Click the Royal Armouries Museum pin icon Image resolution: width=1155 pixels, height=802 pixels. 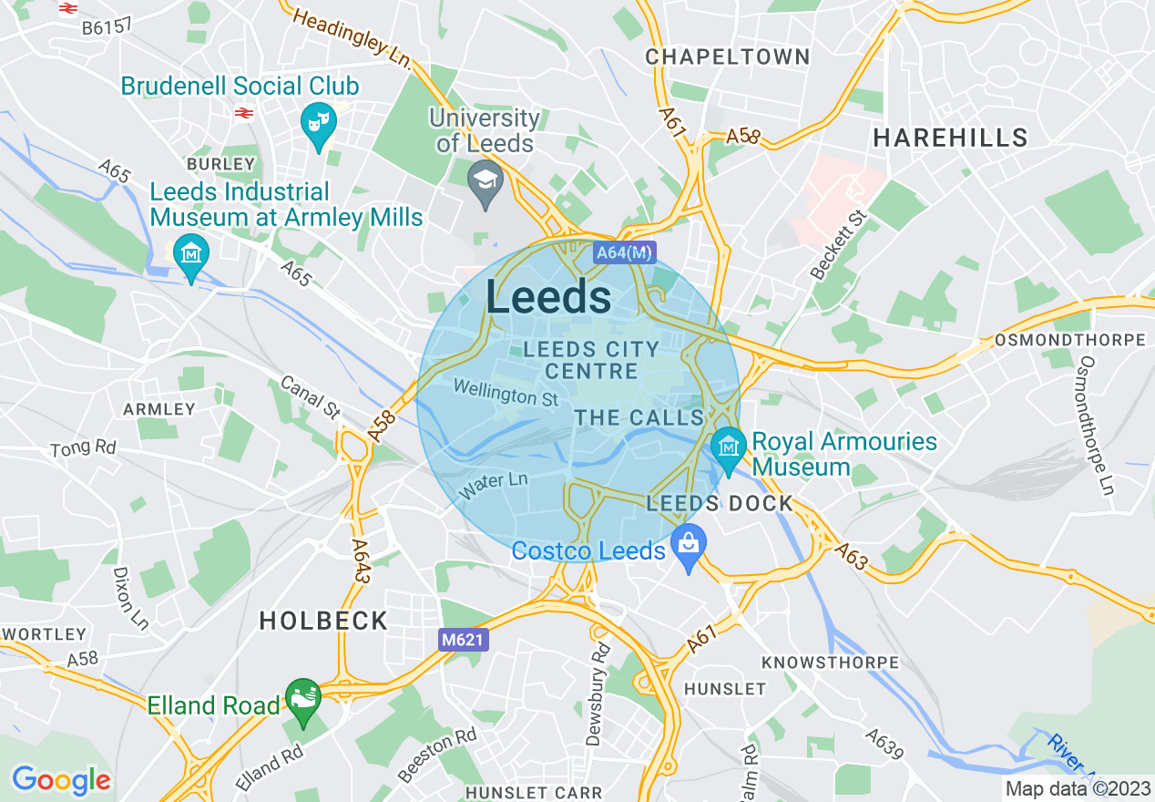(729, 447)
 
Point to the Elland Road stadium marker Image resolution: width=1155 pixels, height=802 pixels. (303, 699)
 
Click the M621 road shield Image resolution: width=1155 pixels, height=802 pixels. (462, 641)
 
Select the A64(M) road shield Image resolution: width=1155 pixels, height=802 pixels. (624, 252)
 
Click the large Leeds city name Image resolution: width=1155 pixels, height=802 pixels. (548, 298)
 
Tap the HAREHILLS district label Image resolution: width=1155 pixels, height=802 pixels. (950, 139)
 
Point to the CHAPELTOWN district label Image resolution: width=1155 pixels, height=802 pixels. (728, 57)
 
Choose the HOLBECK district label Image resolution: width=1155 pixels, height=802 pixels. (323, 622)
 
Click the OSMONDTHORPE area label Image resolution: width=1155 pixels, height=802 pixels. (1070, 340)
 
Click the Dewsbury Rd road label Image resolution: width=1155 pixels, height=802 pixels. (598, 694)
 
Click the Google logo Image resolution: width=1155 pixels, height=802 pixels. (61, 780)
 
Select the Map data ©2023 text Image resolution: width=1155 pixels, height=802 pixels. (1076, 788)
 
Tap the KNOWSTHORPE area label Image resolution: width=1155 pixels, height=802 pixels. (830, 663)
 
